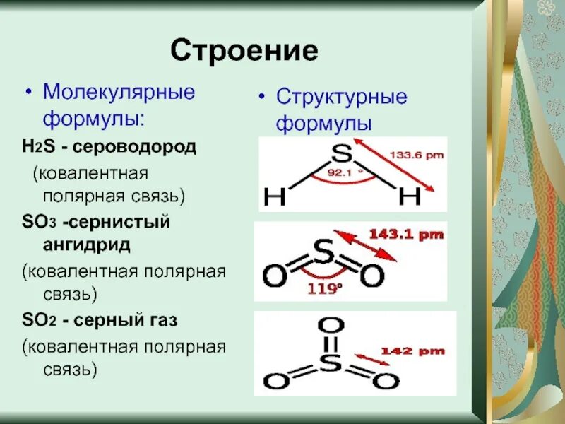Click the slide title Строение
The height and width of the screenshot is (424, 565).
(x=244, y=51)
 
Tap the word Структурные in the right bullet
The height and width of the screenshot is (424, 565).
(x=341, y=97)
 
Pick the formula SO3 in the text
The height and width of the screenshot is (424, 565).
(x=37, y=222)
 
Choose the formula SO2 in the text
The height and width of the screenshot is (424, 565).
(x=37, y=320)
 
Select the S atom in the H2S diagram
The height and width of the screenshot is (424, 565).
(x=342, y=153)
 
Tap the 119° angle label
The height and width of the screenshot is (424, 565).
(x=323, y=288)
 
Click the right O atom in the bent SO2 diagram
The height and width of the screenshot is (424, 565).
(x=371, y=277)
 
